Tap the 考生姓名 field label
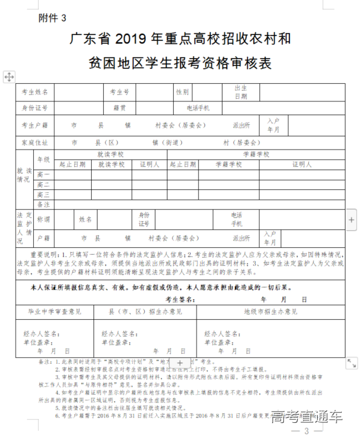coord(35,92)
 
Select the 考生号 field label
coord(119,92)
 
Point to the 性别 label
coord(182,92)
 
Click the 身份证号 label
coord(35,108)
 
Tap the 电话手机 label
coord(198,108)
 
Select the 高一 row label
coord(43,175)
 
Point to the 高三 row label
coord(43,195)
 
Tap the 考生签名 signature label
coord(182,299)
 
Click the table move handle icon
coord(9,77)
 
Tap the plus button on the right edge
coord(352,220)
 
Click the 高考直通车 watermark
coord(306,417)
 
